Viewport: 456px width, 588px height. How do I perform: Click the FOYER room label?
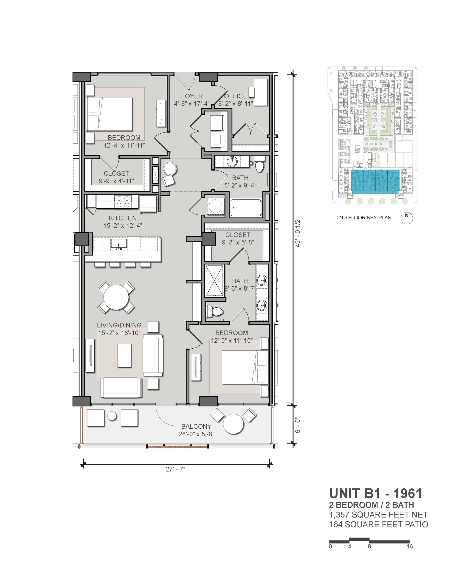coord(192,96)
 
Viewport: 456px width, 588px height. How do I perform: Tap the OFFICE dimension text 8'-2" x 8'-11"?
coord(236,104)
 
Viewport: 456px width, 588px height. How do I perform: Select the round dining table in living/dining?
coord(116,298)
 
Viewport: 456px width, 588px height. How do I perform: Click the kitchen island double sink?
coord(119,244)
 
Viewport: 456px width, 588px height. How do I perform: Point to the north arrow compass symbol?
coord(407,218)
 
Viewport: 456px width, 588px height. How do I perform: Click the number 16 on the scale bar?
coord(409,547)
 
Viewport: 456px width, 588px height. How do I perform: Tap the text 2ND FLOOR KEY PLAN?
coord(364,218)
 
